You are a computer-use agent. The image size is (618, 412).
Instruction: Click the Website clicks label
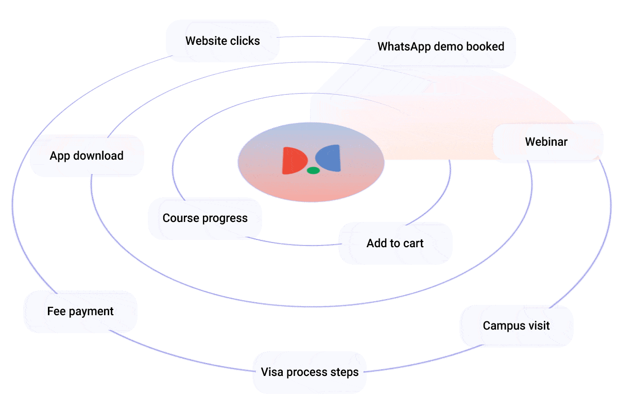222,41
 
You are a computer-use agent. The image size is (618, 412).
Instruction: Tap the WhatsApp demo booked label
441,47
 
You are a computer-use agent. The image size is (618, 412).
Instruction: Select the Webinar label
546,142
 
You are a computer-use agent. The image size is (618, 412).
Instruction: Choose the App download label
87,156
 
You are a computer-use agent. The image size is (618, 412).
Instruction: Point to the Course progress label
205,218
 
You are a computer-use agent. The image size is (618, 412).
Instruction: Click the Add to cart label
395,244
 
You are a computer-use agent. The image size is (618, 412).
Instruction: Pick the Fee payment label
80,312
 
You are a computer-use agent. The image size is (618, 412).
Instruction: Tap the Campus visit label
517,326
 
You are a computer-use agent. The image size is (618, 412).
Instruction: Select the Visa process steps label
310,372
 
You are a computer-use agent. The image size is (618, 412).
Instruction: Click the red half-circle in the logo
294,160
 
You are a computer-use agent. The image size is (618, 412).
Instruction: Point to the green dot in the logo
313,170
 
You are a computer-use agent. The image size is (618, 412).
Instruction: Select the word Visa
272,372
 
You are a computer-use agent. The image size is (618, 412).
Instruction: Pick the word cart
413,244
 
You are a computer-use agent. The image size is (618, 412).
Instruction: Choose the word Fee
56,312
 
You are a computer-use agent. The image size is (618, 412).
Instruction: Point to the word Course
180,218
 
